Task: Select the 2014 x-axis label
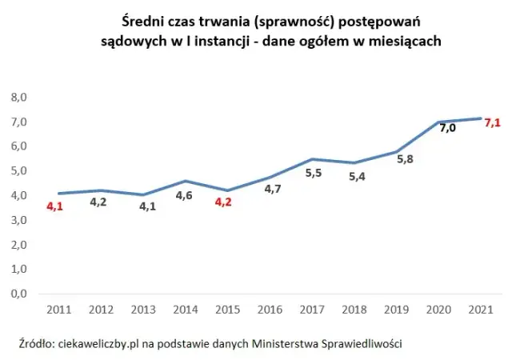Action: [185, 310]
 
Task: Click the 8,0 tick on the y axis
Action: [18, 98]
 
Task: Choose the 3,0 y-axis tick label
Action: [18, 220]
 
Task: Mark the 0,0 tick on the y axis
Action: [18, 294]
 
